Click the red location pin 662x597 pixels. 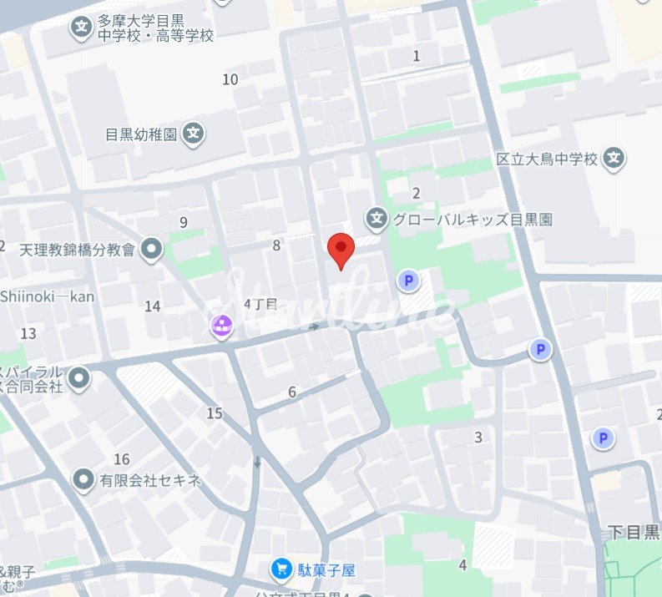pyautogui.click(x=341, y=249)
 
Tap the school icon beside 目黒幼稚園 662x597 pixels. pyautogui.click(x=194, y=133)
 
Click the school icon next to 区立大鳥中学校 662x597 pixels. pyautogui.click(x=614, y=158)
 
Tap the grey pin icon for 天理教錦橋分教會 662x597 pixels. pyautogui.click(x=151, y=249)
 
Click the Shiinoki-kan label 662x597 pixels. pyautogui.click(x=48, y=296)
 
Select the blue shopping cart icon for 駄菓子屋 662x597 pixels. pyautogui.click(x=281, y=570)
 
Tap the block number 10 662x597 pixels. pyautogui.click(x=230, y=79)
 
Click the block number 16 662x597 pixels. pyautogui.click(x=122, y=459)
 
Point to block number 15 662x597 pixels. pyautogui.click(x=215, y=413)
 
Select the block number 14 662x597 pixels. pyautogui.click(x=152, y=306)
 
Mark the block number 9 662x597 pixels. pyautogui.click(x=183, y=221)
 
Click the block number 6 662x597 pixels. pyautogui.click(x=292, y=392)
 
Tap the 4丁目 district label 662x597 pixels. pyautogui.click(x=260, y=304)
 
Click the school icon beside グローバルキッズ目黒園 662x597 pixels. pyautogui.click(x=376, y=220)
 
